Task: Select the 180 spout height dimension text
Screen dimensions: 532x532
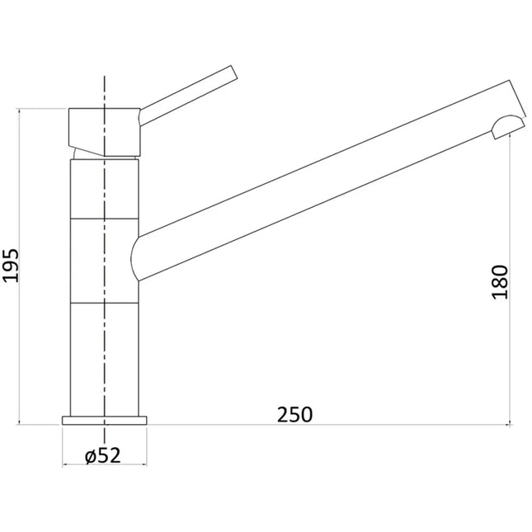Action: click(501, 282)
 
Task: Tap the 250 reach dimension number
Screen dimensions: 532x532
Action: click(295, 415)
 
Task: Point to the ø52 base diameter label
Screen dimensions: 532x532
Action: click(103, 455)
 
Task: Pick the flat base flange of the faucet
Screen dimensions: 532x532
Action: click(105, 421)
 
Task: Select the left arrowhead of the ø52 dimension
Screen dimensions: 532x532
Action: click(65, 464)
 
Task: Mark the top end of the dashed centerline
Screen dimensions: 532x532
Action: click(105, 76)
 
